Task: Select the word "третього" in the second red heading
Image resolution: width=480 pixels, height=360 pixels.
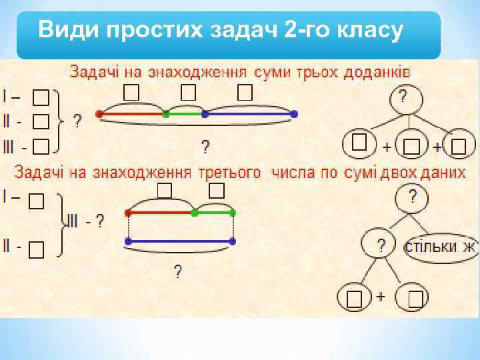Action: (x=229, y=173)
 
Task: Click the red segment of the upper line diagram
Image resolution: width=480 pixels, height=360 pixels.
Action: (x=132, y=115)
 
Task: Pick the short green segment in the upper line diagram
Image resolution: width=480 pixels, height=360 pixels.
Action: (x=185, y=115)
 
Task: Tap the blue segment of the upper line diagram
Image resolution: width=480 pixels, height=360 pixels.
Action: (x=249, y=115)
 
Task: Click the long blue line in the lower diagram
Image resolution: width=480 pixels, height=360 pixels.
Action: (x=181, y=240)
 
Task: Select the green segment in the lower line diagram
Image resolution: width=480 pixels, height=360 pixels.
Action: (x=214, y=213)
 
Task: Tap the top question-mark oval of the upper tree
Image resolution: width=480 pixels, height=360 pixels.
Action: (x=403, y=99)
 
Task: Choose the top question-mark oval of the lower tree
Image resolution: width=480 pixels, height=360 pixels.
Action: (x=413, y=197)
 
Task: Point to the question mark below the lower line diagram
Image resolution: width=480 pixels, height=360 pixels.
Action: (x=178, y=272)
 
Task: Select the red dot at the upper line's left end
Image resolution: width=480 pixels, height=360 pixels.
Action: (x=100, y=114)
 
